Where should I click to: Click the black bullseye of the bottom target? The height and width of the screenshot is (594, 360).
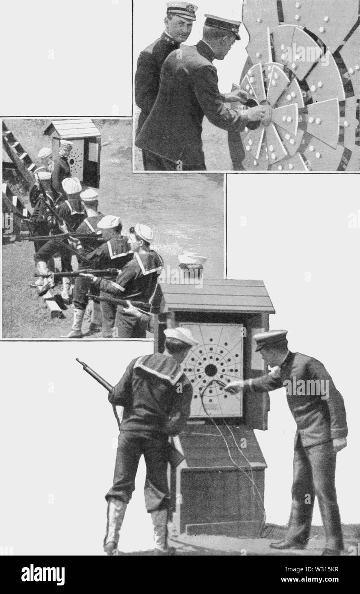pyautogui.click(x=210, y=370)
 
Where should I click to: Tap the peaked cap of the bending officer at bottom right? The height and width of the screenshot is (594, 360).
pyautogui.click(x=270, y=339)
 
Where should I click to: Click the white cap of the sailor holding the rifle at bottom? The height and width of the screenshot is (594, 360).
pyautogui.click(x=180, y=335)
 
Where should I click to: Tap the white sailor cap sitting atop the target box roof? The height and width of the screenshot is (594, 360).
pyautogui.click(x=192, y=259)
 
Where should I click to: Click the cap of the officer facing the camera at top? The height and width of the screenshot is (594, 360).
pyautogui.click(x=182, y=9)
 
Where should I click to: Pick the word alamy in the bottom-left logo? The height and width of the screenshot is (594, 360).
pyautogui.click(x=43, y=575)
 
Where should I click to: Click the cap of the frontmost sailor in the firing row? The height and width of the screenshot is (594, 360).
pyautogui.click(x=144, y=232)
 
